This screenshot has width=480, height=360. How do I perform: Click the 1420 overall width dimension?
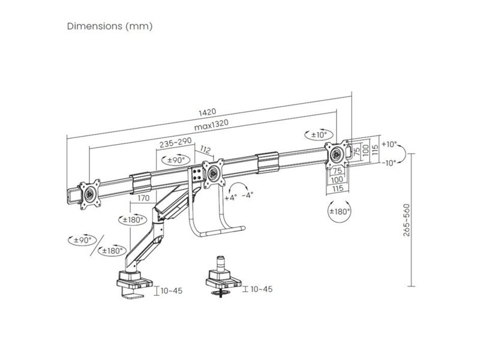(x=208, y=112)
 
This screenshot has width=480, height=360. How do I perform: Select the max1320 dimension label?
(x=212, y=124)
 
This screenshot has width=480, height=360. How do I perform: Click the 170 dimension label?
(x=143, y=198)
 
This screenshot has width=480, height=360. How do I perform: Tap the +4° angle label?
(x=231, y=196)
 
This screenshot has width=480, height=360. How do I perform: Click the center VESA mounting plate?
(x=213, y=173)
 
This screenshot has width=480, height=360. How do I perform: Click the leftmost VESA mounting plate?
(x=91, y=193)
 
